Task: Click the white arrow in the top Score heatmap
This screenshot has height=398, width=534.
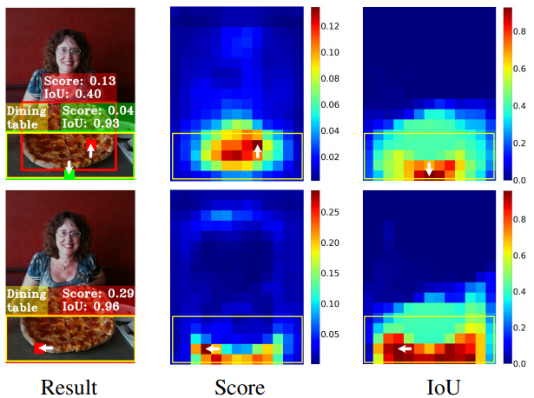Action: pos(257,153)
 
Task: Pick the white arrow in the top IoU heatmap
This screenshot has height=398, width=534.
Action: pos(428,169)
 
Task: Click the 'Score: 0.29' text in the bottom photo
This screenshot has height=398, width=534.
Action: pos(97,294)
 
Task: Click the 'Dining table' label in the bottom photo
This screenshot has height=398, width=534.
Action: pos(26,300)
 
